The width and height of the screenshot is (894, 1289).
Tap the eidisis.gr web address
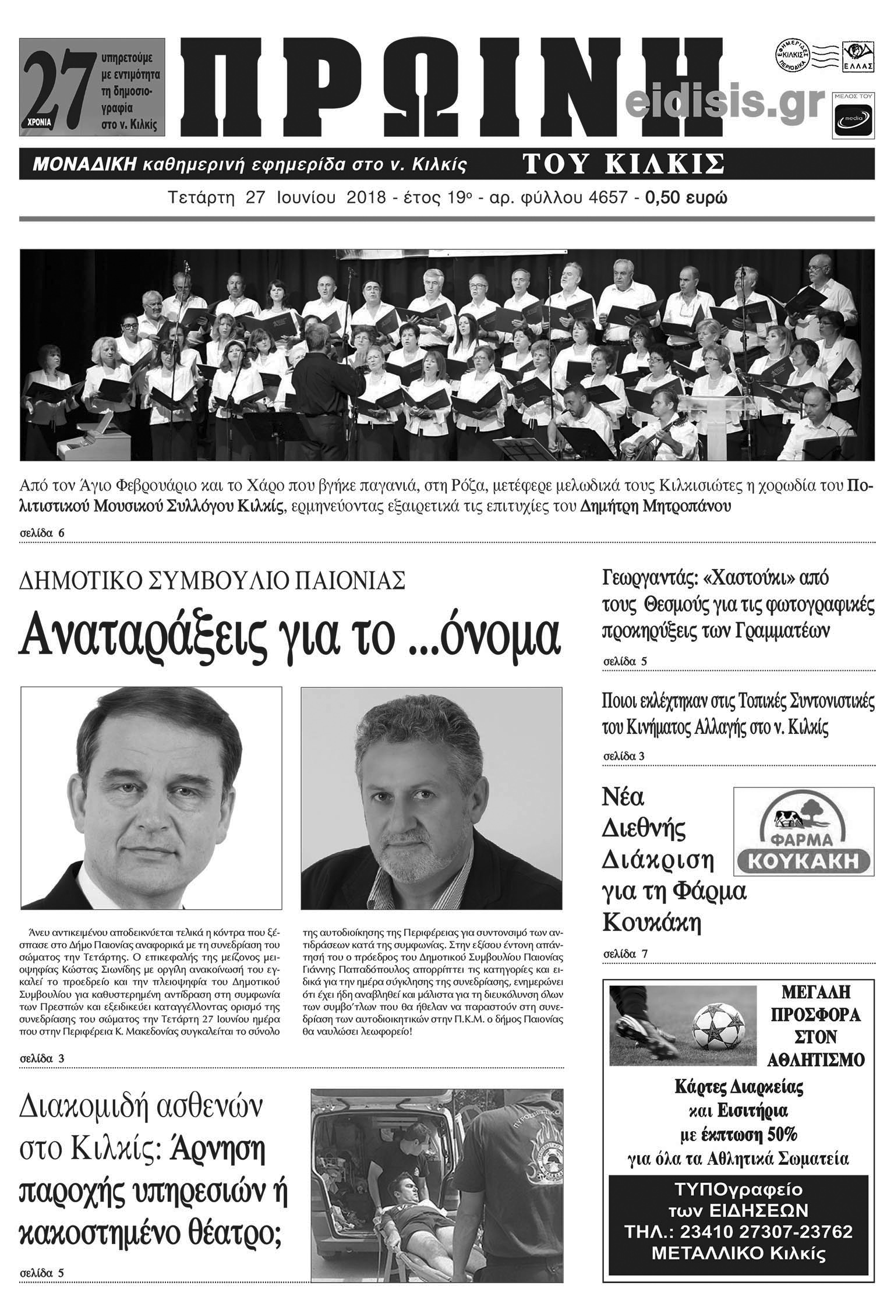(x=726, y=104)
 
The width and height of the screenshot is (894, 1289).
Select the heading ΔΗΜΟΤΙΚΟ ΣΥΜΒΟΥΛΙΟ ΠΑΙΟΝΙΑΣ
(x=212, y=581)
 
